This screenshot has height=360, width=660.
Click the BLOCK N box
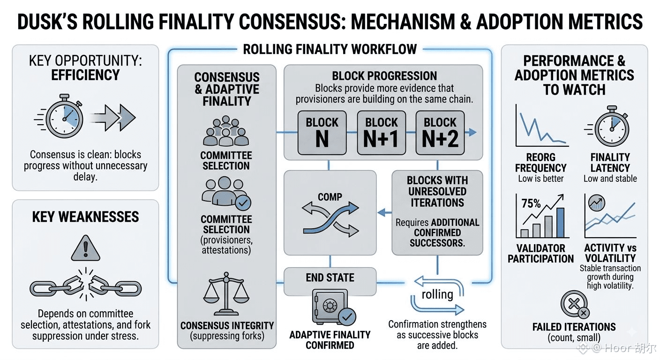tap(322, 133)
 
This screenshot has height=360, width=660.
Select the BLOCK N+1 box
tap(381, 133)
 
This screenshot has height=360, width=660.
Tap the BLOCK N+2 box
tap(440, 133)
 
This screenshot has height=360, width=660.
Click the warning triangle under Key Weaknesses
tap(86, 248)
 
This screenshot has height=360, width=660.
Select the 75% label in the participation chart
tap(531, 203)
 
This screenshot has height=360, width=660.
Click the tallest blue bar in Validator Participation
tap(561, 223)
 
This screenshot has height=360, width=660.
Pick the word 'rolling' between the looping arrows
tap(437, 294)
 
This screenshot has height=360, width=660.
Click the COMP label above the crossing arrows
tap(330, 197)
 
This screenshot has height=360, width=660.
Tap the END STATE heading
tap(330, 277)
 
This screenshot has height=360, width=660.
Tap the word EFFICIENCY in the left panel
tap(85, 75)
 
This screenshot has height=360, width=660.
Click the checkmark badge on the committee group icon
tap(243, 203)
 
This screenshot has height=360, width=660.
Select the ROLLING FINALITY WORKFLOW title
tap(330, 49)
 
